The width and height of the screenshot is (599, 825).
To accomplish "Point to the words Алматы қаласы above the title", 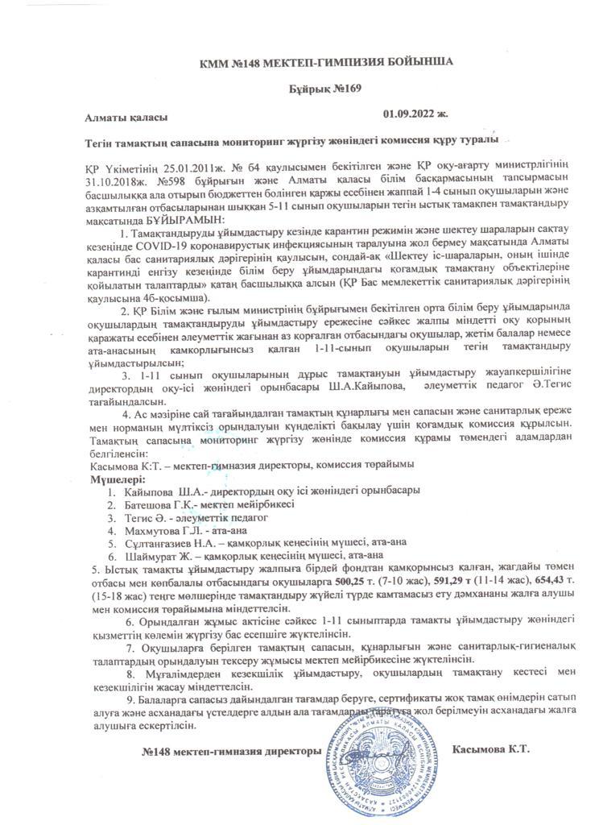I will (x=126, y=118).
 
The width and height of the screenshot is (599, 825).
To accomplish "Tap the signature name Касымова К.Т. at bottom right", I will (x=491, y=750).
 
